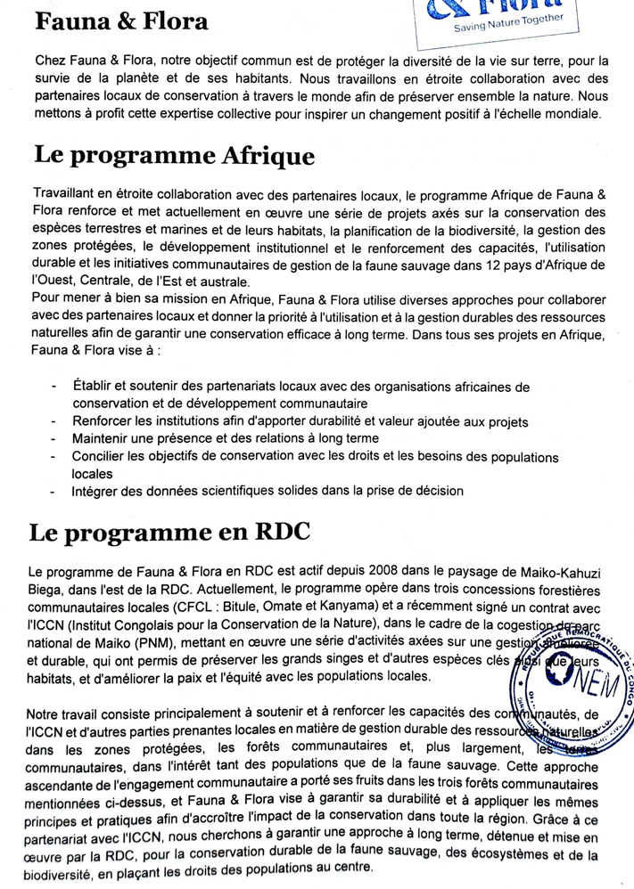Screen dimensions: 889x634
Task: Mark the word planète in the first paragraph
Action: (x=136, y=79)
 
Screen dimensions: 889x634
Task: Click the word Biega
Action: (x=48, y=590)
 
